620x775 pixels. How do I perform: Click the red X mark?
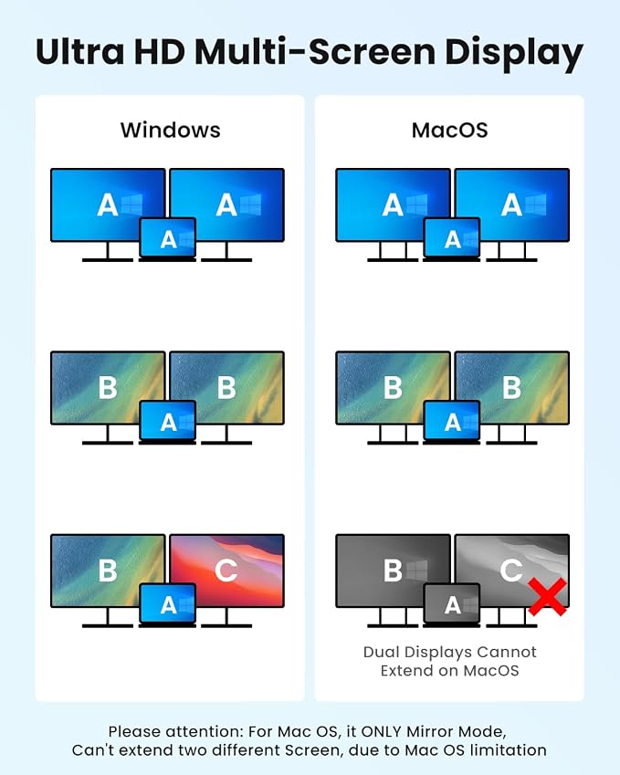[x=547, y=597]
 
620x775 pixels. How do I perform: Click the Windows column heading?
[x=171, y=130]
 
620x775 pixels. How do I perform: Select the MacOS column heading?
[x=450, y=130]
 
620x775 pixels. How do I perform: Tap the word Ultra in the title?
[x=80, y=51]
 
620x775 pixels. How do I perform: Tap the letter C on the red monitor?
[x=226, y=571]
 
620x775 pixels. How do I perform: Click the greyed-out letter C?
[x=511, y=571]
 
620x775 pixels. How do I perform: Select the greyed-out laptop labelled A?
[x=451, y=605]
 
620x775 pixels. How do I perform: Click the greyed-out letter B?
[x=393, y=571]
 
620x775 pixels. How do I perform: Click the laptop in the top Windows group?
[x=168, y=239]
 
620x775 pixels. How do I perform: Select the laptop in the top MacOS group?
[x=451, y=239]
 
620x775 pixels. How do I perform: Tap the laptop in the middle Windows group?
[x=168, y=422]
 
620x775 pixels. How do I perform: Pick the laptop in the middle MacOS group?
[x=451, y=422]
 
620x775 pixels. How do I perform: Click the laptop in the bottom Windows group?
[x=168, y=605]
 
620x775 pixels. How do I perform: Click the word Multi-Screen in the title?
[x=314, y=51]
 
